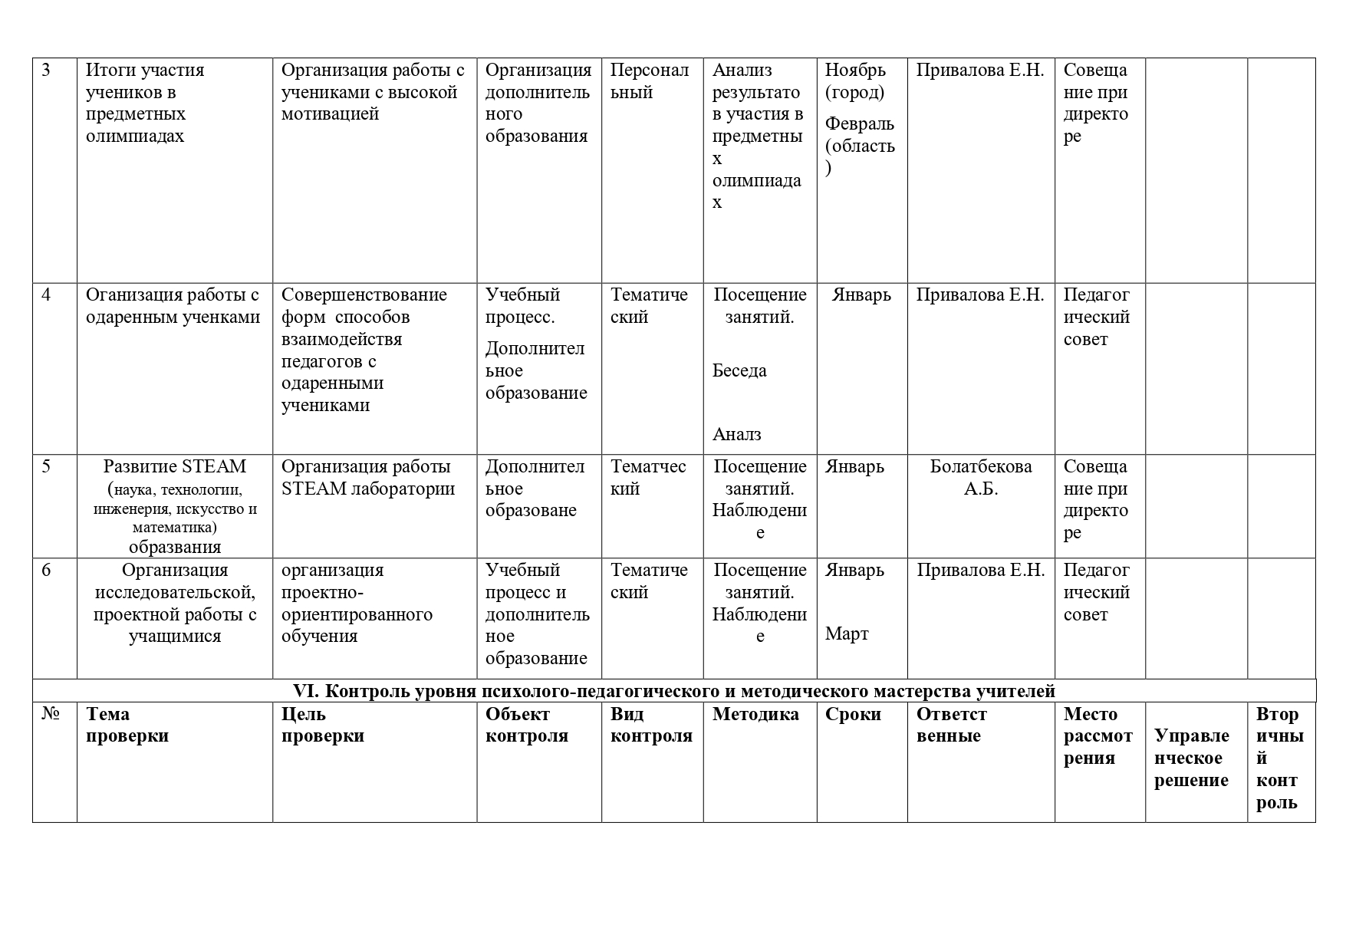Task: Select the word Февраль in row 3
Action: click(859, 124)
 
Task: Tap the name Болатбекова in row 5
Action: click(980, 466)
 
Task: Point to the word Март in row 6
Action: click(847, 634)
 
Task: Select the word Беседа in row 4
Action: click(739, 371)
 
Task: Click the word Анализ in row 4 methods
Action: click(736, 435)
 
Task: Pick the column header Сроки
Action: click(853, 715)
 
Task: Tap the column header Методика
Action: click(755, 715)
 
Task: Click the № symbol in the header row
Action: click(51, 715)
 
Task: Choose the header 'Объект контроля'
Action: click(526, 726)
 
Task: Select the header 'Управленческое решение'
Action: click(1191, 758)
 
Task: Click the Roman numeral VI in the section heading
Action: click(306, 692)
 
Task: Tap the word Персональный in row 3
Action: click(650, 81)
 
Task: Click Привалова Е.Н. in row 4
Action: click(980, 295)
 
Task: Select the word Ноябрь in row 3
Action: click(855, 71)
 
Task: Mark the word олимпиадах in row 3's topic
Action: click(135, 137)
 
